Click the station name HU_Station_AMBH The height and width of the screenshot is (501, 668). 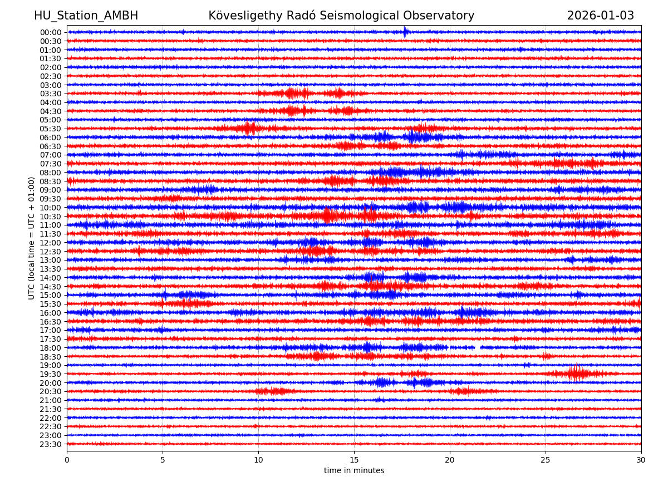tap(86, 16)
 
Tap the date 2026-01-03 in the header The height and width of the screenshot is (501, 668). tap(600, 16)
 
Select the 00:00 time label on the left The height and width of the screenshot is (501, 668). tap(51, 32)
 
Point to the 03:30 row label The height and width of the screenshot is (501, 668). tap(51, 94)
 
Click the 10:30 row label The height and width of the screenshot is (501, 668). tap(51, 217)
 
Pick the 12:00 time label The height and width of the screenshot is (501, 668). tap(51, 243)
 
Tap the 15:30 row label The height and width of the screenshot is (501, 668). tap(51, 304)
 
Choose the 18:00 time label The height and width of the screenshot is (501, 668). tap(51, 348)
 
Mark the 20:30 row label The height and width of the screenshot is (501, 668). tap(51, 392)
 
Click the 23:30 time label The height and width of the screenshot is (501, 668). tap(51, 444)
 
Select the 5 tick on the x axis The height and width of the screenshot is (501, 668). tap(163, 460)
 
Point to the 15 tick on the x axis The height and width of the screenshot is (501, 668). tap(354, 460)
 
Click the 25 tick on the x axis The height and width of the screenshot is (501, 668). tap(546, 460)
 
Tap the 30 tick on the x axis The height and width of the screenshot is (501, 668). tap(641, 460)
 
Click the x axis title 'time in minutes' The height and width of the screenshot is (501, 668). tap(354, 471)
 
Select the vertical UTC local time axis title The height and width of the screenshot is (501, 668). tap(32, 238)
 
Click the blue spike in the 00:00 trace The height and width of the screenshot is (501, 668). tap(405, 32)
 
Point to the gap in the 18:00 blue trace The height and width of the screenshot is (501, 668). tap(478, 347)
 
